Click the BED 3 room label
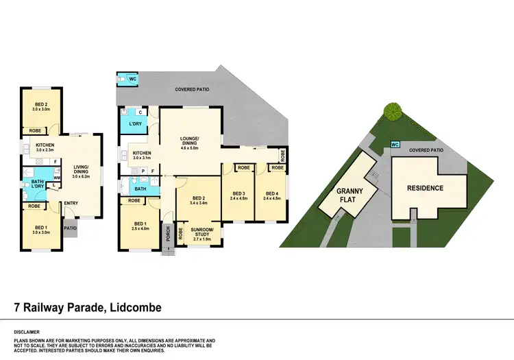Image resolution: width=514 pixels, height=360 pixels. pyautogui.click(x=238, y=193)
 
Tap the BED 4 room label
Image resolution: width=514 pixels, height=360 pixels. pyautogui.click(x=272, y=193)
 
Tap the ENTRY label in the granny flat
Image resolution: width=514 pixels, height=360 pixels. pyautogui.click(x=71, y=203)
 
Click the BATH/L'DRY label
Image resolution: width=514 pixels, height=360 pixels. pyautogui.click(x=32, y=184)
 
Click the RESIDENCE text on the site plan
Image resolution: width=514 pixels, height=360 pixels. pyautogui.click(x=426, y=188)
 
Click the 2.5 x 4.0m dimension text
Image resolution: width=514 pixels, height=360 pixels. pyautogui.click(x=140, y=229)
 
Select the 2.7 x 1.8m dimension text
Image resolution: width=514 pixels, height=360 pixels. pyautogui.click(x=201, y=237)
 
